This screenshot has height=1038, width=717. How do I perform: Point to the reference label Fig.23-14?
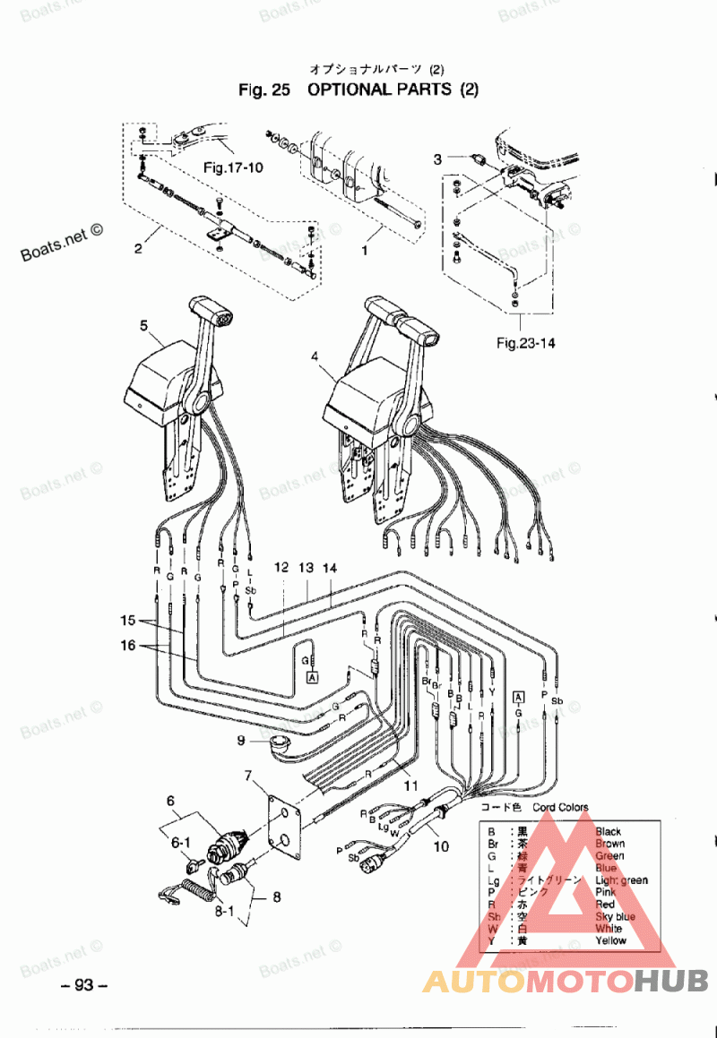point(526,342)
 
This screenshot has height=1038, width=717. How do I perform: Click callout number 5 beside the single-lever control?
point(144,326)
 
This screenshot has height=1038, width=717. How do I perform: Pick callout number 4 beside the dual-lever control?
point(315,357)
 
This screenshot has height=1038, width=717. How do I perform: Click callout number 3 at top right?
point(437,159)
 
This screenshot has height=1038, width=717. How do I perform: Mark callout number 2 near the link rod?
point(138,249)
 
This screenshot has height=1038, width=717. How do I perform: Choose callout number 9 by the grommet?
point(240,740)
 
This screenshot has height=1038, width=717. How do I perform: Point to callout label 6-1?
point(182,843)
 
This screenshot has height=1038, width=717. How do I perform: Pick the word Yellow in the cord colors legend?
point(611,940)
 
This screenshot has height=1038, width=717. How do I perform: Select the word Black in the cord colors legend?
point(609,831)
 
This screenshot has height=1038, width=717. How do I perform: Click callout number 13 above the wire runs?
point(306,567)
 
